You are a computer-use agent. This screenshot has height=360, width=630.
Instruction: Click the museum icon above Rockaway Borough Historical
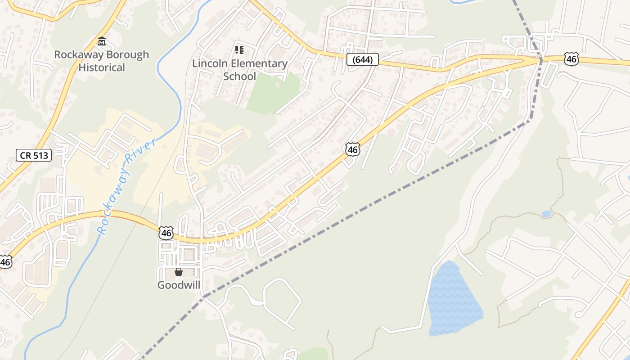pyautogui.click(x=102, y=42)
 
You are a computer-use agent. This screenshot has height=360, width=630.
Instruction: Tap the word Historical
pyautogui.click(x=102, y=68)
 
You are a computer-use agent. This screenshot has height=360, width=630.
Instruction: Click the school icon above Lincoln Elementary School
pyautogui.click(x=239, y=49)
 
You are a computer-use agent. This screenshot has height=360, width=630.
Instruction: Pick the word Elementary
pyautogui.click(x=257, y=64)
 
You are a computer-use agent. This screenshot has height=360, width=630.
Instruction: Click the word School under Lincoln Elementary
pyautogui.click(x=239, y=76)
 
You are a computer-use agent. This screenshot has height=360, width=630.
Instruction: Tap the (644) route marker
pyautogui.click(x=362, y=59)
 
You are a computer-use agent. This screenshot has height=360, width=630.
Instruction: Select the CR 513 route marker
pyautogui.click(x=34, y=156)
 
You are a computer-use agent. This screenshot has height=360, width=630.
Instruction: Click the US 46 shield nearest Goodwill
pyautogui.click(x=166, y=233)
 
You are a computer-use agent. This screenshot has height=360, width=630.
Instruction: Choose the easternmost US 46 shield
pyautogui.click(x=571, y=59)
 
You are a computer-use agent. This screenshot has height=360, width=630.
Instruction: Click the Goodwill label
pyautogui.click(x=179, y=285)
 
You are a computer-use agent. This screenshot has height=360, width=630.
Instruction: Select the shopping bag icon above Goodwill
pyautogui.click(x=179, y=272)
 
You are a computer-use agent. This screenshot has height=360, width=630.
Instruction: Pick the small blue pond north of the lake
pyautogui.click(x=546, y=214)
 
